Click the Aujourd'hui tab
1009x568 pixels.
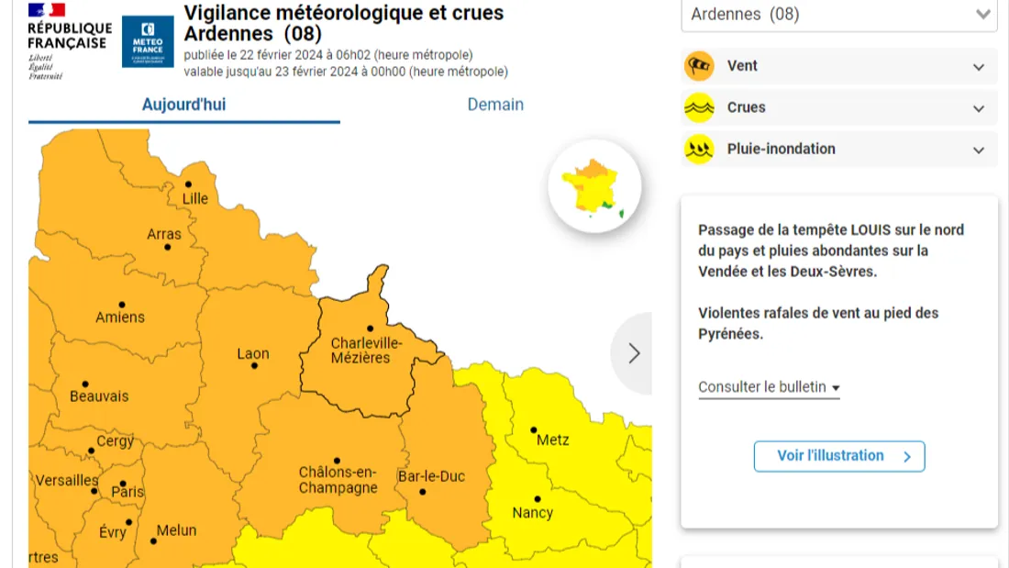183,105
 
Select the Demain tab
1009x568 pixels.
495,105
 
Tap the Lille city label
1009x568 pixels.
194,198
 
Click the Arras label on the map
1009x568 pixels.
164,234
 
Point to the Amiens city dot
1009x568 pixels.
122,305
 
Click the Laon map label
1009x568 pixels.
253,353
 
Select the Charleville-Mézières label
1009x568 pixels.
366,350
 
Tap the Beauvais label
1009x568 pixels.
99,396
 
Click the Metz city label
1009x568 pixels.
552,440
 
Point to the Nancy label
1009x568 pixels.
532,512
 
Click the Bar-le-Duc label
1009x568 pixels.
431,476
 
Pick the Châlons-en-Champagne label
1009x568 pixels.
338,480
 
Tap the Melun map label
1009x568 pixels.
176,530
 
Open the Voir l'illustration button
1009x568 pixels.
838,456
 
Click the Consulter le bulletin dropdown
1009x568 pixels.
769,387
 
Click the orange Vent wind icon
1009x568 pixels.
699,66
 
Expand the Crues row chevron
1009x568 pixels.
979,108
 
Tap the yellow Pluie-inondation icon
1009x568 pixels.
699,149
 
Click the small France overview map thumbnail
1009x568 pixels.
594,186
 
